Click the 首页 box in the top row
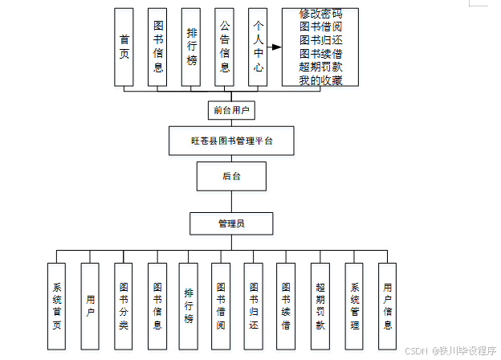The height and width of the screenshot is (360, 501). (124, 47)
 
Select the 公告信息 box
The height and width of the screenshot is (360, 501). (225, 47)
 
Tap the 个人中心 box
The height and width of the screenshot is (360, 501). (258, 47)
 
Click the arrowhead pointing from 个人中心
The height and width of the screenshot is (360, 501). (276, 47)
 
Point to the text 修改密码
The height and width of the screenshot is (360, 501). (320, 14)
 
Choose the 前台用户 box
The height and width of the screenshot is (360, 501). (230, 109)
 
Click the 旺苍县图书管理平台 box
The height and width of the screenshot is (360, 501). (231, 141)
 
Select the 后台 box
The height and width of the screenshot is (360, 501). (230, 176)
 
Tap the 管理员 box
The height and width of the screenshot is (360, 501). (230, 223)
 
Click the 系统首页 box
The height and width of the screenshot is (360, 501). (56, 306)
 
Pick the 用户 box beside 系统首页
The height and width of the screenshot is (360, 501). (90, 306)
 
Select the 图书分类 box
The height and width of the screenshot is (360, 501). (124, 306)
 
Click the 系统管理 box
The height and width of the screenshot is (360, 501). (355, 306)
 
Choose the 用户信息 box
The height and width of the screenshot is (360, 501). (388, 306)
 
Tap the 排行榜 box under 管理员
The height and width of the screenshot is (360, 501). (189, 306)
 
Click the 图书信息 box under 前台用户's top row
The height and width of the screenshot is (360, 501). (158, 47)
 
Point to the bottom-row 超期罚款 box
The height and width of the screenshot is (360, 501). (321, 306)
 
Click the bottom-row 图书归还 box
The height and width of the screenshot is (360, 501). (254, 306)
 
